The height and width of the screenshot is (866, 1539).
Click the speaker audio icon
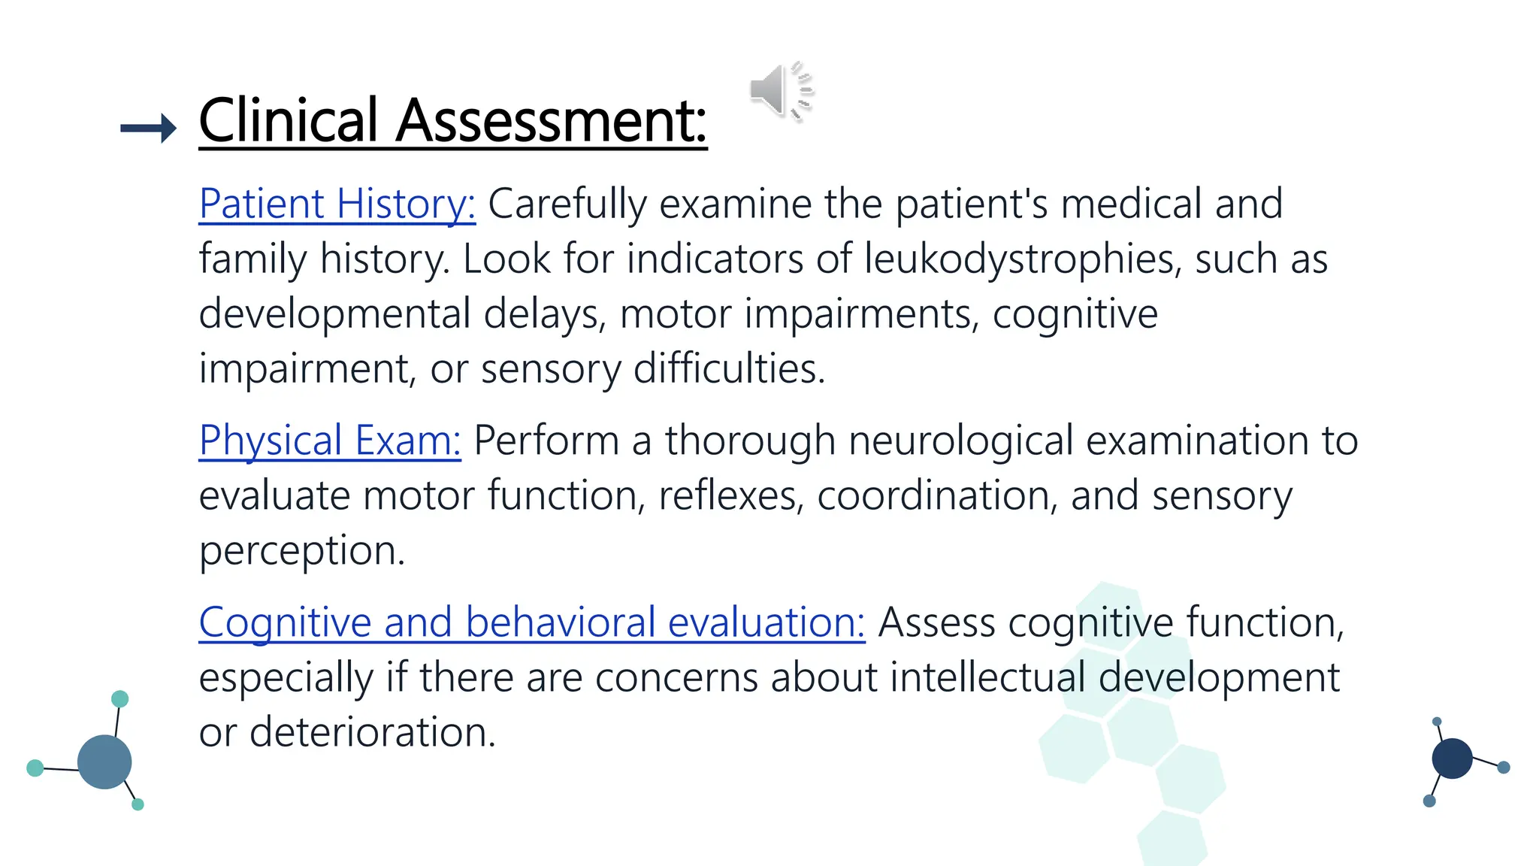pos(782,90)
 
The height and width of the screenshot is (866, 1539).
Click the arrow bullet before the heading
pos(148,129)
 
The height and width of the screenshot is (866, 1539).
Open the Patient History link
pos(337,204)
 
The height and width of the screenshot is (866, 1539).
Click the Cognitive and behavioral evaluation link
pos(532,622)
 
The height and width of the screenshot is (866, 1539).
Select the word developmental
pos(334,313)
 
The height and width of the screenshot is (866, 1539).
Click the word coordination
pos(937,495)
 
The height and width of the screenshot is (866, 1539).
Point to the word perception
pos(301,551)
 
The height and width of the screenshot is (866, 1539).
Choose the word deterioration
pos(372,732)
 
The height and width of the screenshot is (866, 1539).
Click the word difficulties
pos(729,368)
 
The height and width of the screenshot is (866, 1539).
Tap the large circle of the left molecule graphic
pos(104,762)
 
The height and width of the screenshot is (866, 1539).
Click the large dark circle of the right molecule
pos(1452,758)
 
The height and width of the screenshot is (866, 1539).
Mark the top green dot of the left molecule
pos(119,699)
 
